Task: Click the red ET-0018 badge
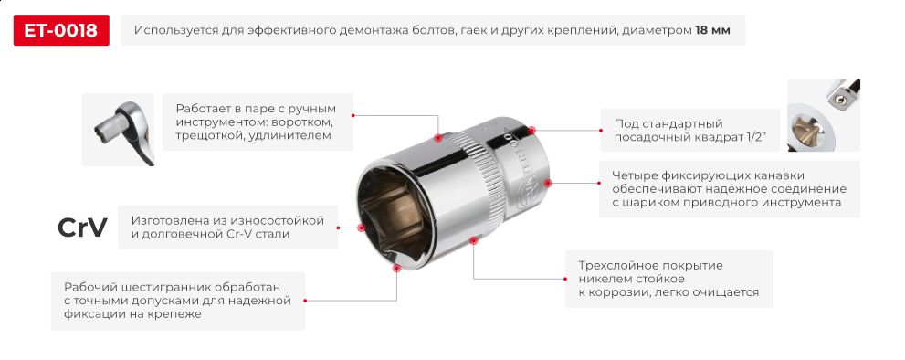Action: (61, 31)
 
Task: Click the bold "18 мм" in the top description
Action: (712, 31)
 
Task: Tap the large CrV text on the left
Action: (82, 228)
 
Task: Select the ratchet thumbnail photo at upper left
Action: (117, 129)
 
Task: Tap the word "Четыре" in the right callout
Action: (636, 175)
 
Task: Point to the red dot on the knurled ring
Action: (438, 139)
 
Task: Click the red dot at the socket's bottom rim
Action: (395, 270)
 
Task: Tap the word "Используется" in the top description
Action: (176, 31)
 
